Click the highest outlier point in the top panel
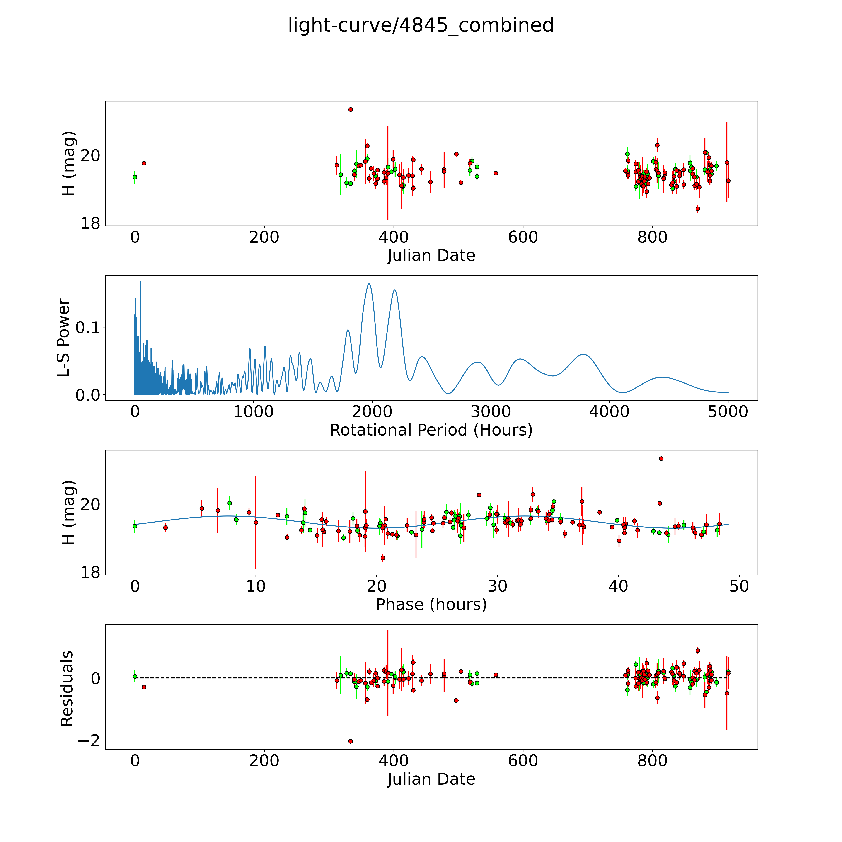pos(350,109)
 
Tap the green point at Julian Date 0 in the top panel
pos(135,177)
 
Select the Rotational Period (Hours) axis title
pos(431,430)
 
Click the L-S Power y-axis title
pos(64,338)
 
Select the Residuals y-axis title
pos(67,689)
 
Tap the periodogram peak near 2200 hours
pos(394,290)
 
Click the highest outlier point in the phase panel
pos(661,458)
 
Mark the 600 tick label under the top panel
pos(523,237)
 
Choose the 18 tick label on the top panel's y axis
pos(90,224)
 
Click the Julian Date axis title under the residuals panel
pos(431,779)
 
